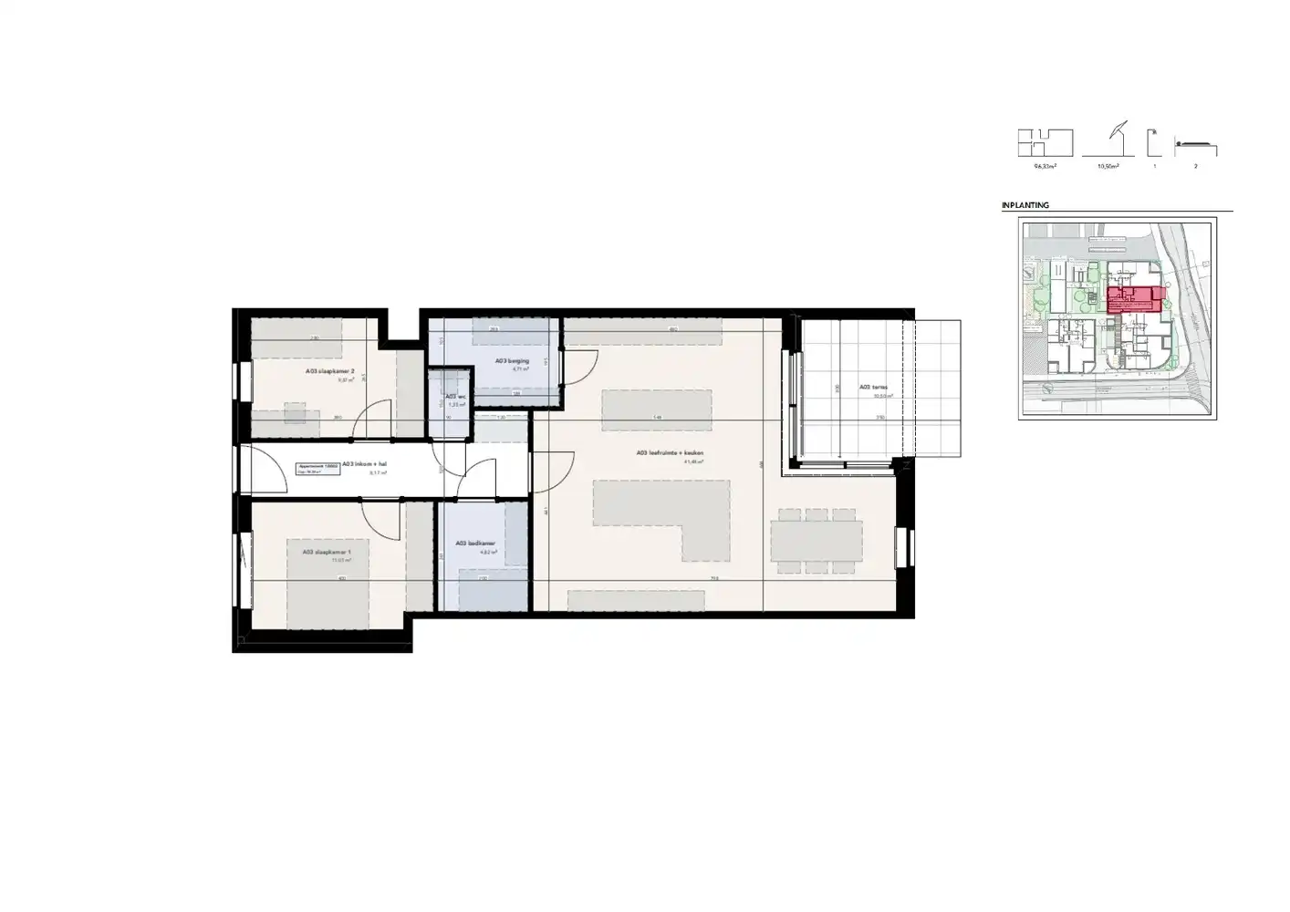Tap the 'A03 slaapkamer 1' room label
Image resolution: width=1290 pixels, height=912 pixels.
(x=326, y=552)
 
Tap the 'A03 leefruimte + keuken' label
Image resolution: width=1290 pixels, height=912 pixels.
(x=671, y=453)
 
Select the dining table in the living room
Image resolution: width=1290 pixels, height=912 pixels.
(x=817, y=542)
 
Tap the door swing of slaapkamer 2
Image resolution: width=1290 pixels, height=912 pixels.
(x=374, y=420)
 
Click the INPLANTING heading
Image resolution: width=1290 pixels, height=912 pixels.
(x=1025, y=205)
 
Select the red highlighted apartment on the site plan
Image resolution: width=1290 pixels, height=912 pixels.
(x=1135, y=299)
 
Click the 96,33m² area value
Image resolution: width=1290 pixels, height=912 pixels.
(x=1045, y=167)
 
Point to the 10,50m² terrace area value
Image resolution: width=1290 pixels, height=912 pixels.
(x=1108, y=167)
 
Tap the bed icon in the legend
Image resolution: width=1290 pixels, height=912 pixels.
(x=1195, y=145)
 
